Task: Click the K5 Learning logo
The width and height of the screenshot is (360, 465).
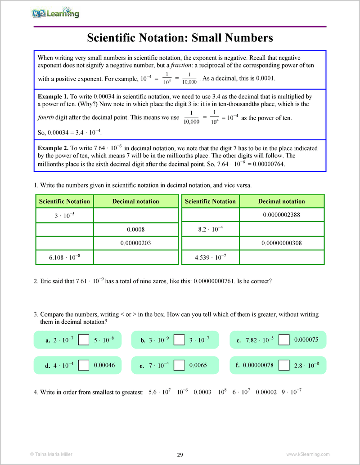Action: pyautogui.click(x=55, y=13)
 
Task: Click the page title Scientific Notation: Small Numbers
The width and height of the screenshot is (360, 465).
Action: pyautogui.click(x=180, y=38)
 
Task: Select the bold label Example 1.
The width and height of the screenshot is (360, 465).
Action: pyautogui.click(x=53, y=96)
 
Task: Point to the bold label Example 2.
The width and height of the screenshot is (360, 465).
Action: pyautogui.click(x=53, y=148)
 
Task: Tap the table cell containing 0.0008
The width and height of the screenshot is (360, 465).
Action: pyautogui.click(x=135, y=229)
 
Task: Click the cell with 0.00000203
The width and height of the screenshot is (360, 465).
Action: pyautogui.click(x=135, y=243)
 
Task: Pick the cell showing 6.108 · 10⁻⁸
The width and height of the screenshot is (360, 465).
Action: pyautogui.click(x=64, y=257)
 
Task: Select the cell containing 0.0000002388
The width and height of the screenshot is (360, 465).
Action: pyautogui.click(x=281, y=215)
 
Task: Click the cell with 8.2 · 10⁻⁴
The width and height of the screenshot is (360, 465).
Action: pyautogui.click(x=210, y=229)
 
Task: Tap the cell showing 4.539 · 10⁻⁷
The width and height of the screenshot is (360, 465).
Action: pyautogui.click(x=210, y=257)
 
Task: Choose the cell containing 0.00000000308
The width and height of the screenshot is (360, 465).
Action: pyautogui.click(x=281, y=243)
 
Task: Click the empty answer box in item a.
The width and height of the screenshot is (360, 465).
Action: pyautogui.click(x=83, y=340)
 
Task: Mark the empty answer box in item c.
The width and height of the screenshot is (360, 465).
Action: pyautogui.click(x=284, y=340)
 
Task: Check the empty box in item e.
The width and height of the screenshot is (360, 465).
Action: pyautogui.click(x=179, y=365)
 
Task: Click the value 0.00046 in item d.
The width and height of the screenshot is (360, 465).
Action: pyautogui.click(x=104, y=365)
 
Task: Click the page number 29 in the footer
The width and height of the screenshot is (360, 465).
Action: pyautogui.click(x=180, y=455)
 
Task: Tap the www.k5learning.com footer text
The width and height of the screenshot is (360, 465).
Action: pyautogui.click(x=308, y=454)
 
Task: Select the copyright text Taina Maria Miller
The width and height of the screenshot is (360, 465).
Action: pyautogui.click(x=50, y=454)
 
